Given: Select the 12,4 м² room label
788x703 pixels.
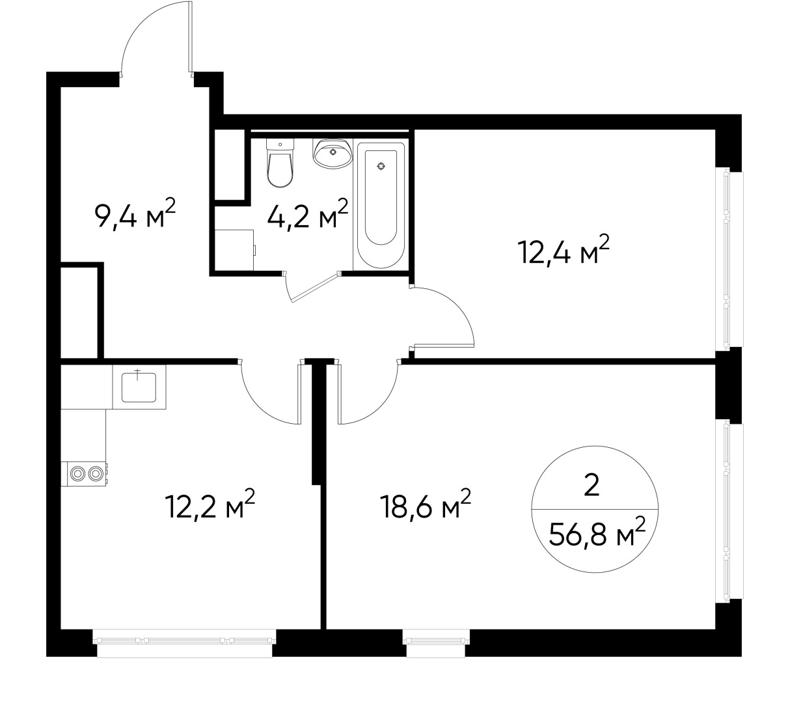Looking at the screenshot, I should pyautogui.click(x=564, y=250).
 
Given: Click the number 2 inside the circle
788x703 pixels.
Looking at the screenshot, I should pyautogui.click(x=591, y=486).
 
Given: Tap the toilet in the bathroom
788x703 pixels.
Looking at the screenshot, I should pyautogui.click(x=280, y=166).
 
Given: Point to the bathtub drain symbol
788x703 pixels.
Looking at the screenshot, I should pyautogui.click(x=381, y=166).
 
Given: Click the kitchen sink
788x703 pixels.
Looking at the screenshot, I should pyautogui.click(x=139, y=386).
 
